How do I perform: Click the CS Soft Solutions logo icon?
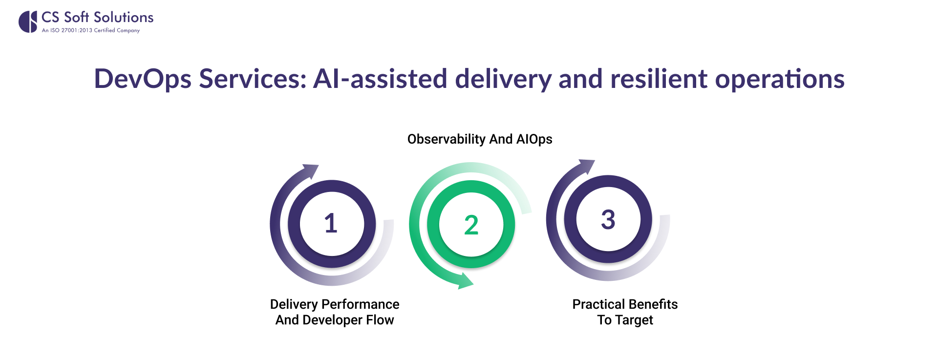28,22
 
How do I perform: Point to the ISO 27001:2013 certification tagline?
91,30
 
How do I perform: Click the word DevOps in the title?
142,79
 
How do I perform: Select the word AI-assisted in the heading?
380,79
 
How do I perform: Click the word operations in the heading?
780,79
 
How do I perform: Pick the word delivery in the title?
503,79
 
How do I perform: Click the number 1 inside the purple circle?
331,223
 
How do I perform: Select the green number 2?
471,225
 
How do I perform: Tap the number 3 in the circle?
608,219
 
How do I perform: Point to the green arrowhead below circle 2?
465,281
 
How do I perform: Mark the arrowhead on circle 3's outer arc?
587,166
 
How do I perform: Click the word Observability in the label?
446,139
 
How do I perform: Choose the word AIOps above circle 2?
534,139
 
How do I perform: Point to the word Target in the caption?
634,320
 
